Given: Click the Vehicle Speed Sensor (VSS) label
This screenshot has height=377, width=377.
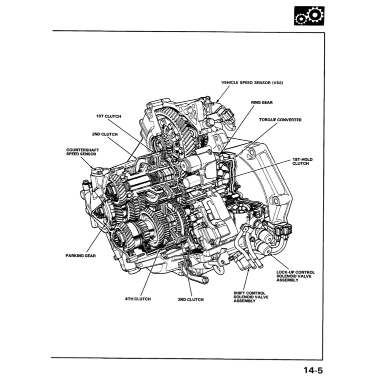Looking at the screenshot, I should pos(252,83).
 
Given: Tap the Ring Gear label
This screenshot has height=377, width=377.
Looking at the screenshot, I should pos(261,102).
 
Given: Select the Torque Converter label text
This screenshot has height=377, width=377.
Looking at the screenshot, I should pos(280,120).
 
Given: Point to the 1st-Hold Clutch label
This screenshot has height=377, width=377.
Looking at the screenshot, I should pos(302,161).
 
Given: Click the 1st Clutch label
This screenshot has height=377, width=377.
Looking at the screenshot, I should pos(108,116).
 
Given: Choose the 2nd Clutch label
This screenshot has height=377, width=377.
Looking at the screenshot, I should pos(105,134).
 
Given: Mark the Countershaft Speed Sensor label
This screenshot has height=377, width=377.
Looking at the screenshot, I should pos(83,152).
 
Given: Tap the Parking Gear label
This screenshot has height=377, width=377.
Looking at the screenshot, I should pos(81,256).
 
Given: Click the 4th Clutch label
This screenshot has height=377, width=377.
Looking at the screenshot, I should pos(138,299).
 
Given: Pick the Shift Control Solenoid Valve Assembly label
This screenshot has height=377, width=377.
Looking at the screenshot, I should pos(251,297).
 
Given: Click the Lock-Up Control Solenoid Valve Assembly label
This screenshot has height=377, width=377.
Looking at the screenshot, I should pos(296,276).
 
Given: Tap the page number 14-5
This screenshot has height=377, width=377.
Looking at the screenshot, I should pos(313,370).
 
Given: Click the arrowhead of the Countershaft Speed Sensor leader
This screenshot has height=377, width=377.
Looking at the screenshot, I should pos(93,168).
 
